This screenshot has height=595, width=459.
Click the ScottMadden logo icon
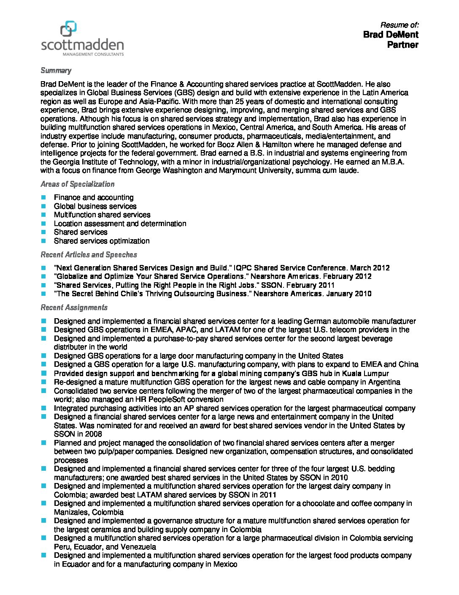(x=68, y=29)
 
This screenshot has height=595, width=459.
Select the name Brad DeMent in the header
(x=390, y=35)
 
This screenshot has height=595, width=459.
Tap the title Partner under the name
(x=402, y=45)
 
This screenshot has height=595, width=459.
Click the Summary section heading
(x=56, y=71)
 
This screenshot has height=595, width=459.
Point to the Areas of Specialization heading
(x=78, y=184)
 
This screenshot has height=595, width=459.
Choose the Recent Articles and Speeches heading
(x=89, y=254)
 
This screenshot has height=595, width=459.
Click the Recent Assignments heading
(x=74, y=307)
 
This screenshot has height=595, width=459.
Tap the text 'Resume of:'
(x=399, y=25)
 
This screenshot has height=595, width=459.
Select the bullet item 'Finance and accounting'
(x=94, y=197)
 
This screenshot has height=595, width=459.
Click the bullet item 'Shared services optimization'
(x=102, y=241)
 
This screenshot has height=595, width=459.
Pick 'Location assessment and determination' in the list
(x=120, y=224)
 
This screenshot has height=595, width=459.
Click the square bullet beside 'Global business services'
(x=43, y=206)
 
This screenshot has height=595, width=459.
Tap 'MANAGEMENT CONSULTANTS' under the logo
(x=93, y=54)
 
